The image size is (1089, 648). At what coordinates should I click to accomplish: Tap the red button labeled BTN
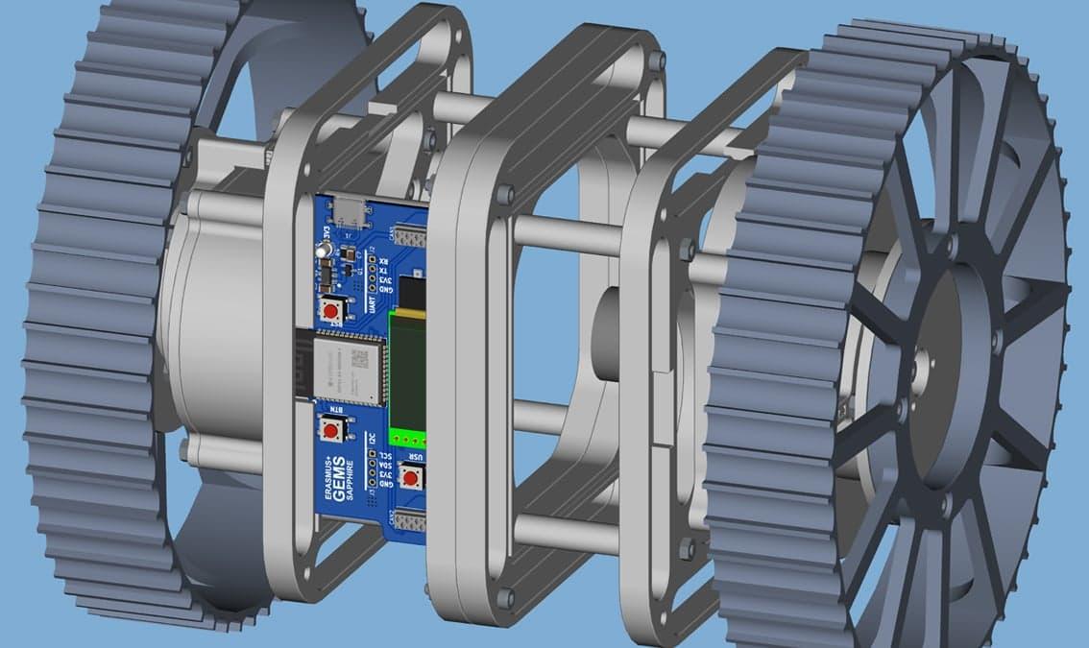pyautogui.click(x=331, y=428)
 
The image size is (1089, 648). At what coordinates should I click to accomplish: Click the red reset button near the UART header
pyautogui.click(x=332, y=311)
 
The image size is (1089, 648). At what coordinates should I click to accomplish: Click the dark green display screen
pyautogui.click(x=407, y=370)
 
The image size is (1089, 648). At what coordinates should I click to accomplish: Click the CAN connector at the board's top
pyautogui.click(x=409, y=236)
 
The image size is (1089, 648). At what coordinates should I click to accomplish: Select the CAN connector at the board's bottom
pyautogui.click(x=409, y=521)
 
